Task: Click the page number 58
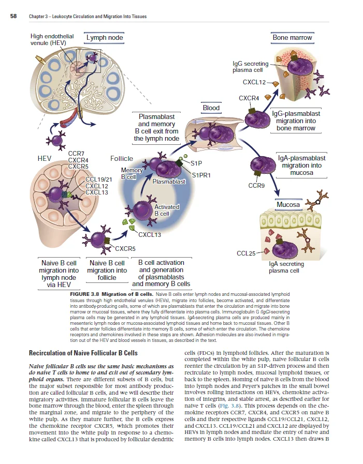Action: [x=13, y=17]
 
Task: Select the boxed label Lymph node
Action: [x=105, y=38]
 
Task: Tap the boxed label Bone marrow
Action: [x=292, y=37]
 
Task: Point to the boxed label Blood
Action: [x=211, y=108]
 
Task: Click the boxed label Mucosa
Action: [x=288, y=205]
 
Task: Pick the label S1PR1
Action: [x=201, y=175]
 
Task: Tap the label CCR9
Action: [x=257, y=185]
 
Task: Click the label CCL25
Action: [x=245, y=253]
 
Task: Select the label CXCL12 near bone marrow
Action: [x=254, y=82]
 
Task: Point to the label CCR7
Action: [x=76, y=154]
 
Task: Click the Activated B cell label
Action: [x=166, y=210]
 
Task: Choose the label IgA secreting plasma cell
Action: [x=286, y=267]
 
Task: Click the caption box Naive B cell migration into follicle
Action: [x=107, y=270]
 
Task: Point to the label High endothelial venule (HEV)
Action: [x=52, y=40]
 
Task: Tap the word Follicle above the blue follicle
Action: [x=121, y=158]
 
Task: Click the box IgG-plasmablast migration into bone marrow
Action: [x=296, y=121]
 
